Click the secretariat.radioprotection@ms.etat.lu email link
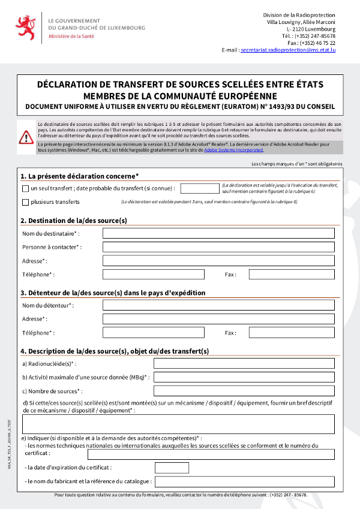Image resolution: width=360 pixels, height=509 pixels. click(287, 50)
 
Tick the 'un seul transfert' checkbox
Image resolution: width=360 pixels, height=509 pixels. click(25, 188)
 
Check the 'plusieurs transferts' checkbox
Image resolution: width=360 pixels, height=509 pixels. click(25, 202)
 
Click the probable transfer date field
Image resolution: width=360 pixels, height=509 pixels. click(199, 188)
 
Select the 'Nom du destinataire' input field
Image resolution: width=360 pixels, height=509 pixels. click(218, 233)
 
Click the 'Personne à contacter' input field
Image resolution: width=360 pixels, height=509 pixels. click(218, 247)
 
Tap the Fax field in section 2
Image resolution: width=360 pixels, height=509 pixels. click(292, 275)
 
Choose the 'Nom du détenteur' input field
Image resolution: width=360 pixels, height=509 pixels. click(218, 305)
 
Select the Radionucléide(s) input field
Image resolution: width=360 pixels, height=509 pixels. click(244, 363)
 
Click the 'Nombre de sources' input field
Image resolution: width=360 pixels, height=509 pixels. click(244, 391)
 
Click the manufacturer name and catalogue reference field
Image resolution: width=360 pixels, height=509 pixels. click(244, 481)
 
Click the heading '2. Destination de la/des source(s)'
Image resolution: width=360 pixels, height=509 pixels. click(74, 221)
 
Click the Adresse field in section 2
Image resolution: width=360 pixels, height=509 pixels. click(218, 261)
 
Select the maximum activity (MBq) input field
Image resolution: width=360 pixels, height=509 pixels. click(244, 377)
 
